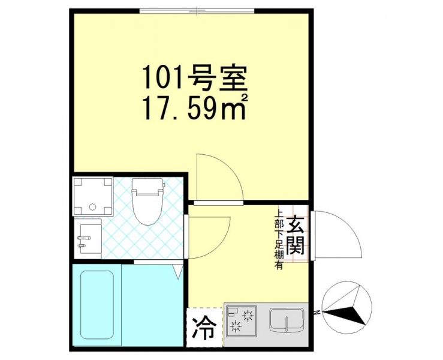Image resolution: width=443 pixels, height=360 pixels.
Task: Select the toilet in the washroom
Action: click(147, 201)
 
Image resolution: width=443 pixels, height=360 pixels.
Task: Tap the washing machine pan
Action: click(93, 196)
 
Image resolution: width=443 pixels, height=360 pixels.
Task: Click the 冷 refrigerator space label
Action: click(204, 328)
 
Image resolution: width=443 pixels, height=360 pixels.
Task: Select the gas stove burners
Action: click(242, 322)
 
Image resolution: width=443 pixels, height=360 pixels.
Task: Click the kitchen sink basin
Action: click(287, 320)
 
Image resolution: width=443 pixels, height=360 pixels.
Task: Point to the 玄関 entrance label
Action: click(296, 235)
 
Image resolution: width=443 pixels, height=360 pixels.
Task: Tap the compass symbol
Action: click(347, 306)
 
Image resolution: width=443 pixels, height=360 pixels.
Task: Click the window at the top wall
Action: click(197, 11)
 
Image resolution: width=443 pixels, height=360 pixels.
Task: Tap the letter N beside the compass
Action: click(317, 313)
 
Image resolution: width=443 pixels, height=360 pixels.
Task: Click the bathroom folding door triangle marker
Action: click(178, 271)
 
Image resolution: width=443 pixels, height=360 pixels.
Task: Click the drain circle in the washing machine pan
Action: click(93, 207)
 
